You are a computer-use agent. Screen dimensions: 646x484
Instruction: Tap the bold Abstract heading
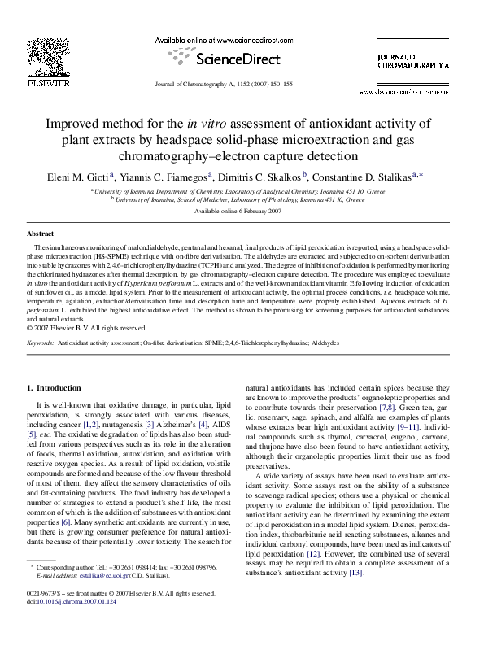tap(41, 234)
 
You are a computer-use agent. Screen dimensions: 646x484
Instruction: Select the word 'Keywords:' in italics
tap(41, 344)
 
